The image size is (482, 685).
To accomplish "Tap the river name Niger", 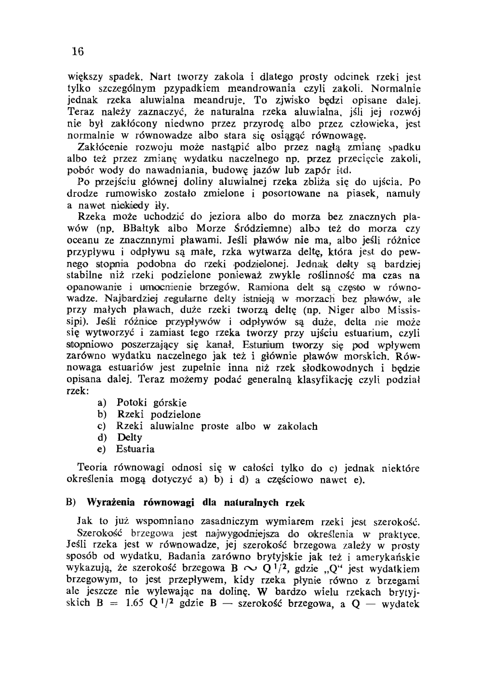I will tap(347, 311).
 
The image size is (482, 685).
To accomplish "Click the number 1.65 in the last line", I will tap(136, 604).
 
